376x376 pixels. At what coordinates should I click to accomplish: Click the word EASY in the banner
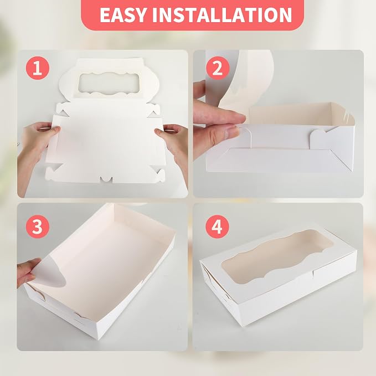[x=122, y=15]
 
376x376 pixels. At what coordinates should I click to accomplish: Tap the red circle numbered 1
[x=38, y=68]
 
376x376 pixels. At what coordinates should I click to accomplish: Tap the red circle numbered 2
[x=218, y=68]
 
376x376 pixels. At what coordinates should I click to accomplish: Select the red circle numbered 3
[x=38, y=226]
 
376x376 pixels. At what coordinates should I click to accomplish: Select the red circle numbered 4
[x=217, y=226]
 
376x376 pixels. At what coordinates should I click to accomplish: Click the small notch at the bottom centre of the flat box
[x=106, y=179]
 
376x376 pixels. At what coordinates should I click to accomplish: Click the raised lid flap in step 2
[x=242, y=79]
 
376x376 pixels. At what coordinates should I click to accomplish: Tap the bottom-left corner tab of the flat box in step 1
[x=53, y=173]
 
